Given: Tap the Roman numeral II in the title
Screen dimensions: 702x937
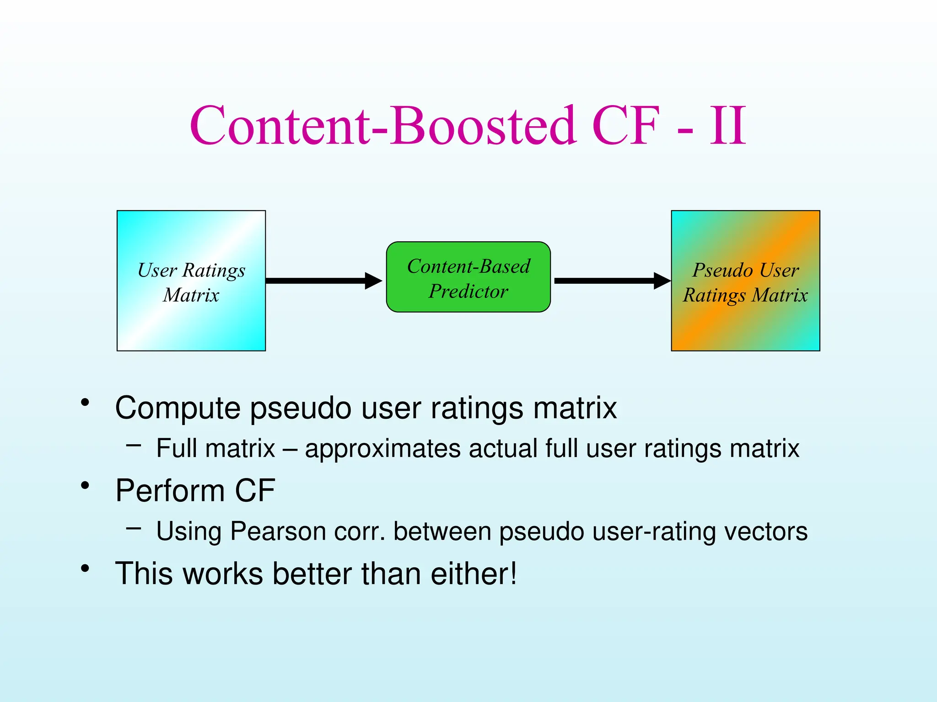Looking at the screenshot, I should tap(728, 126).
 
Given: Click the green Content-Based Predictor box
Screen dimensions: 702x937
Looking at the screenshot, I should tap(468, 277).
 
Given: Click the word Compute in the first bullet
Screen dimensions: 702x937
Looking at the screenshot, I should tap(178, 408).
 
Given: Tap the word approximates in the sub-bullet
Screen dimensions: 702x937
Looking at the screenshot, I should tap(382, 448).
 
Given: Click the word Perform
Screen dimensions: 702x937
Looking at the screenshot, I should tap(170, 490).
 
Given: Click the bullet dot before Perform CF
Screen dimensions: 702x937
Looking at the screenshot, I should tap(85, 485).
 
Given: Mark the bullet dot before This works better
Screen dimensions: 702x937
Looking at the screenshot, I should tap(85, 569).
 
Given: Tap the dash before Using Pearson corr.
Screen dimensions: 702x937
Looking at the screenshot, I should tap(134, 528).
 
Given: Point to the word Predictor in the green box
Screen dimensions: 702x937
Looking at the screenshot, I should tap(468, 291).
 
